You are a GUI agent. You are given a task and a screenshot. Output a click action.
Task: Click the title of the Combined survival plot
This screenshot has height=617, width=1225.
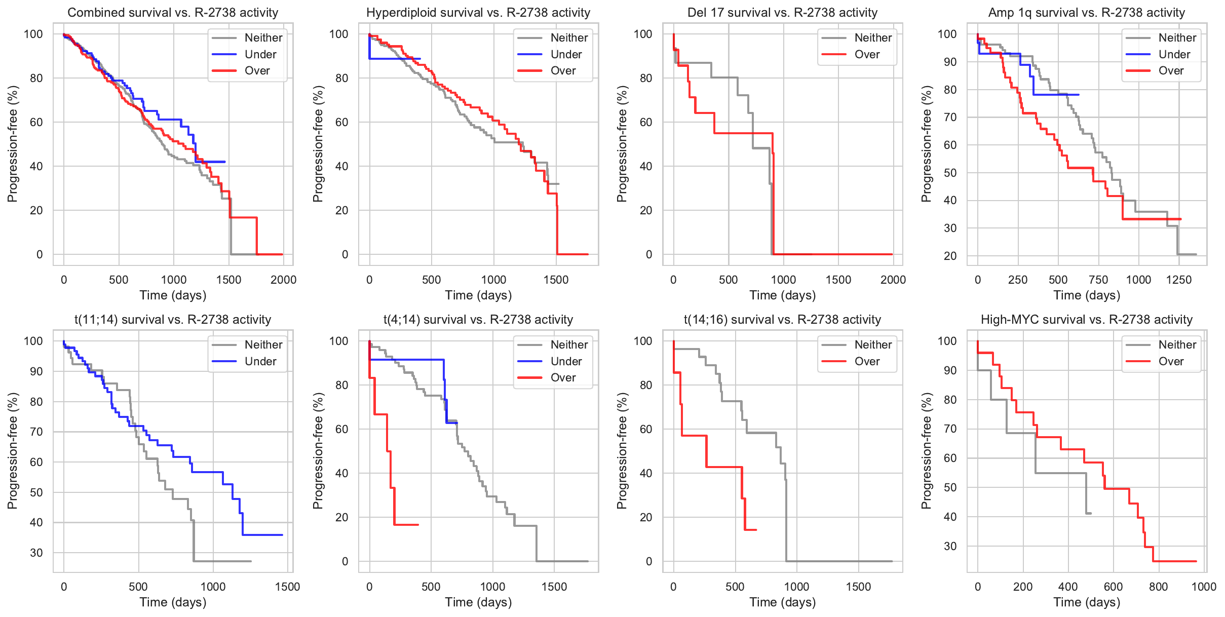(173, 13)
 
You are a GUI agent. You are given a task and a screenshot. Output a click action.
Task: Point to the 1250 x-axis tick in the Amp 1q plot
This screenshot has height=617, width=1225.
(1179, 280)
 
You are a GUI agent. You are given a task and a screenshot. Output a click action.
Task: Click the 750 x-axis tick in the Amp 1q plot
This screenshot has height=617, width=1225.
(1098, 280)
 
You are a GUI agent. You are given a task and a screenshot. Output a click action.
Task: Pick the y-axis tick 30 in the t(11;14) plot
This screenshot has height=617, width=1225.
(36, 553)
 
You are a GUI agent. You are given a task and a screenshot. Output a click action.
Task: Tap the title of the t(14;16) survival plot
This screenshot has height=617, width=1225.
(782, 320)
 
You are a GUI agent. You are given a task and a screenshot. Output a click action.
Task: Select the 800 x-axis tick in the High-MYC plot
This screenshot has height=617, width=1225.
(1159, 587)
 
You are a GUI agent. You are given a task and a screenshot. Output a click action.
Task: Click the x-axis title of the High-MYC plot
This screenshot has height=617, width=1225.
(1087, 602)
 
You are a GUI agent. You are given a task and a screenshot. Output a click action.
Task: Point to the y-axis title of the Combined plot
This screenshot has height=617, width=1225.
(13, 144)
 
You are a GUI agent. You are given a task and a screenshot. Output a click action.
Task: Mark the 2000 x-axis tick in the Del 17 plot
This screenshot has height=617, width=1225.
(893, 280)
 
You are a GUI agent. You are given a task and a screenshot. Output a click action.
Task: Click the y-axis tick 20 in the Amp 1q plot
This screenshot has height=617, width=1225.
(950, 256)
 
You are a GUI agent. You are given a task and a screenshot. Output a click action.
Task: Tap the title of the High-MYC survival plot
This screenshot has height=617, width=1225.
(1087, 320)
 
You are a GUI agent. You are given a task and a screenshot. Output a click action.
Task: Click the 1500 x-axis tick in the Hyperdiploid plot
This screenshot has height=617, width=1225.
(556, 280)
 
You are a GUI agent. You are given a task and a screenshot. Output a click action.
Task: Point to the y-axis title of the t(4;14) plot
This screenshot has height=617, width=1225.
(318, 451)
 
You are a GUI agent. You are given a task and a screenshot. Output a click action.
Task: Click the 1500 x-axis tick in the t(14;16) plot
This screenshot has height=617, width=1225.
(859, 587)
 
